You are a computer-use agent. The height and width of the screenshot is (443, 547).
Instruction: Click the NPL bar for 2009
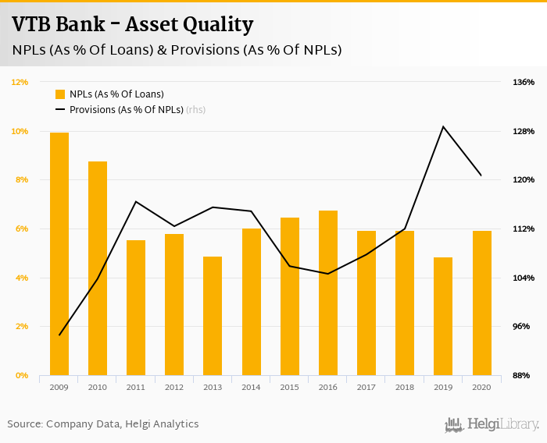(x=59, y=254)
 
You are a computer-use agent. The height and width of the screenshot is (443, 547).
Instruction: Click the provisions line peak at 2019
(x=443, y=126)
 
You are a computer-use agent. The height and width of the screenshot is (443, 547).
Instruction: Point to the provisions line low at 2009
(x=59, y=335)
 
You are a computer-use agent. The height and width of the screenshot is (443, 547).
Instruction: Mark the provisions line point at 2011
(x=136, y=202)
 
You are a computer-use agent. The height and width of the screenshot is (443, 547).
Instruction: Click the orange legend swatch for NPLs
(x=60, y=94)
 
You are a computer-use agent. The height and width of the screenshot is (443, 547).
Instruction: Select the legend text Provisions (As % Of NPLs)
(x=126, y=110)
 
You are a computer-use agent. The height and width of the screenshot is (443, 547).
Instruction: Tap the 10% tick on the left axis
(x=20, y=131)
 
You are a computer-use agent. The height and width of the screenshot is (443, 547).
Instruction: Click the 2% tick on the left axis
(x=21, y=327)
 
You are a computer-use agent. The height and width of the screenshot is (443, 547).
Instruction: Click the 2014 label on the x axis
(x=251, y=387)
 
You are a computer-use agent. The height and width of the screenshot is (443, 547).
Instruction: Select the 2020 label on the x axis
(x=481, y=387)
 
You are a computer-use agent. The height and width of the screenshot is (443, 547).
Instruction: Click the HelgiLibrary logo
(x=492, y=424)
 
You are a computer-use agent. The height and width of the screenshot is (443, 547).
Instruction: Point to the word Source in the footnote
(x=24, y=424)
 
